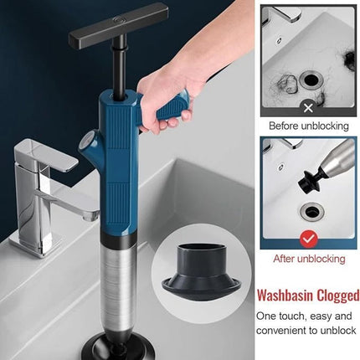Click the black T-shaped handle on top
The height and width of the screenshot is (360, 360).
119,25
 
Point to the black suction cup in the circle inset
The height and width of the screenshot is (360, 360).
201,272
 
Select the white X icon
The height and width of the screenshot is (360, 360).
308,107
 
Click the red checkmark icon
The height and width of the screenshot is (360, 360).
309,239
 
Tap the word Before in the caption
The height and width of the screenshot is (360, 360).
283,126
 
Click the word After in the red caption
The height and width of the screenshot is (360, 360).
284,259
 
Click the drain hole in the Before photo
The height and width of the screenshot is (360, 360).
311,80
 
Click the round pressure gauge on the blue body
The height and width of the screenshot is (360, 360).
85,143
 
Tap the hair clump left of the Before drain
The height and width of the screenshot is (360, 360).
286,84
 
